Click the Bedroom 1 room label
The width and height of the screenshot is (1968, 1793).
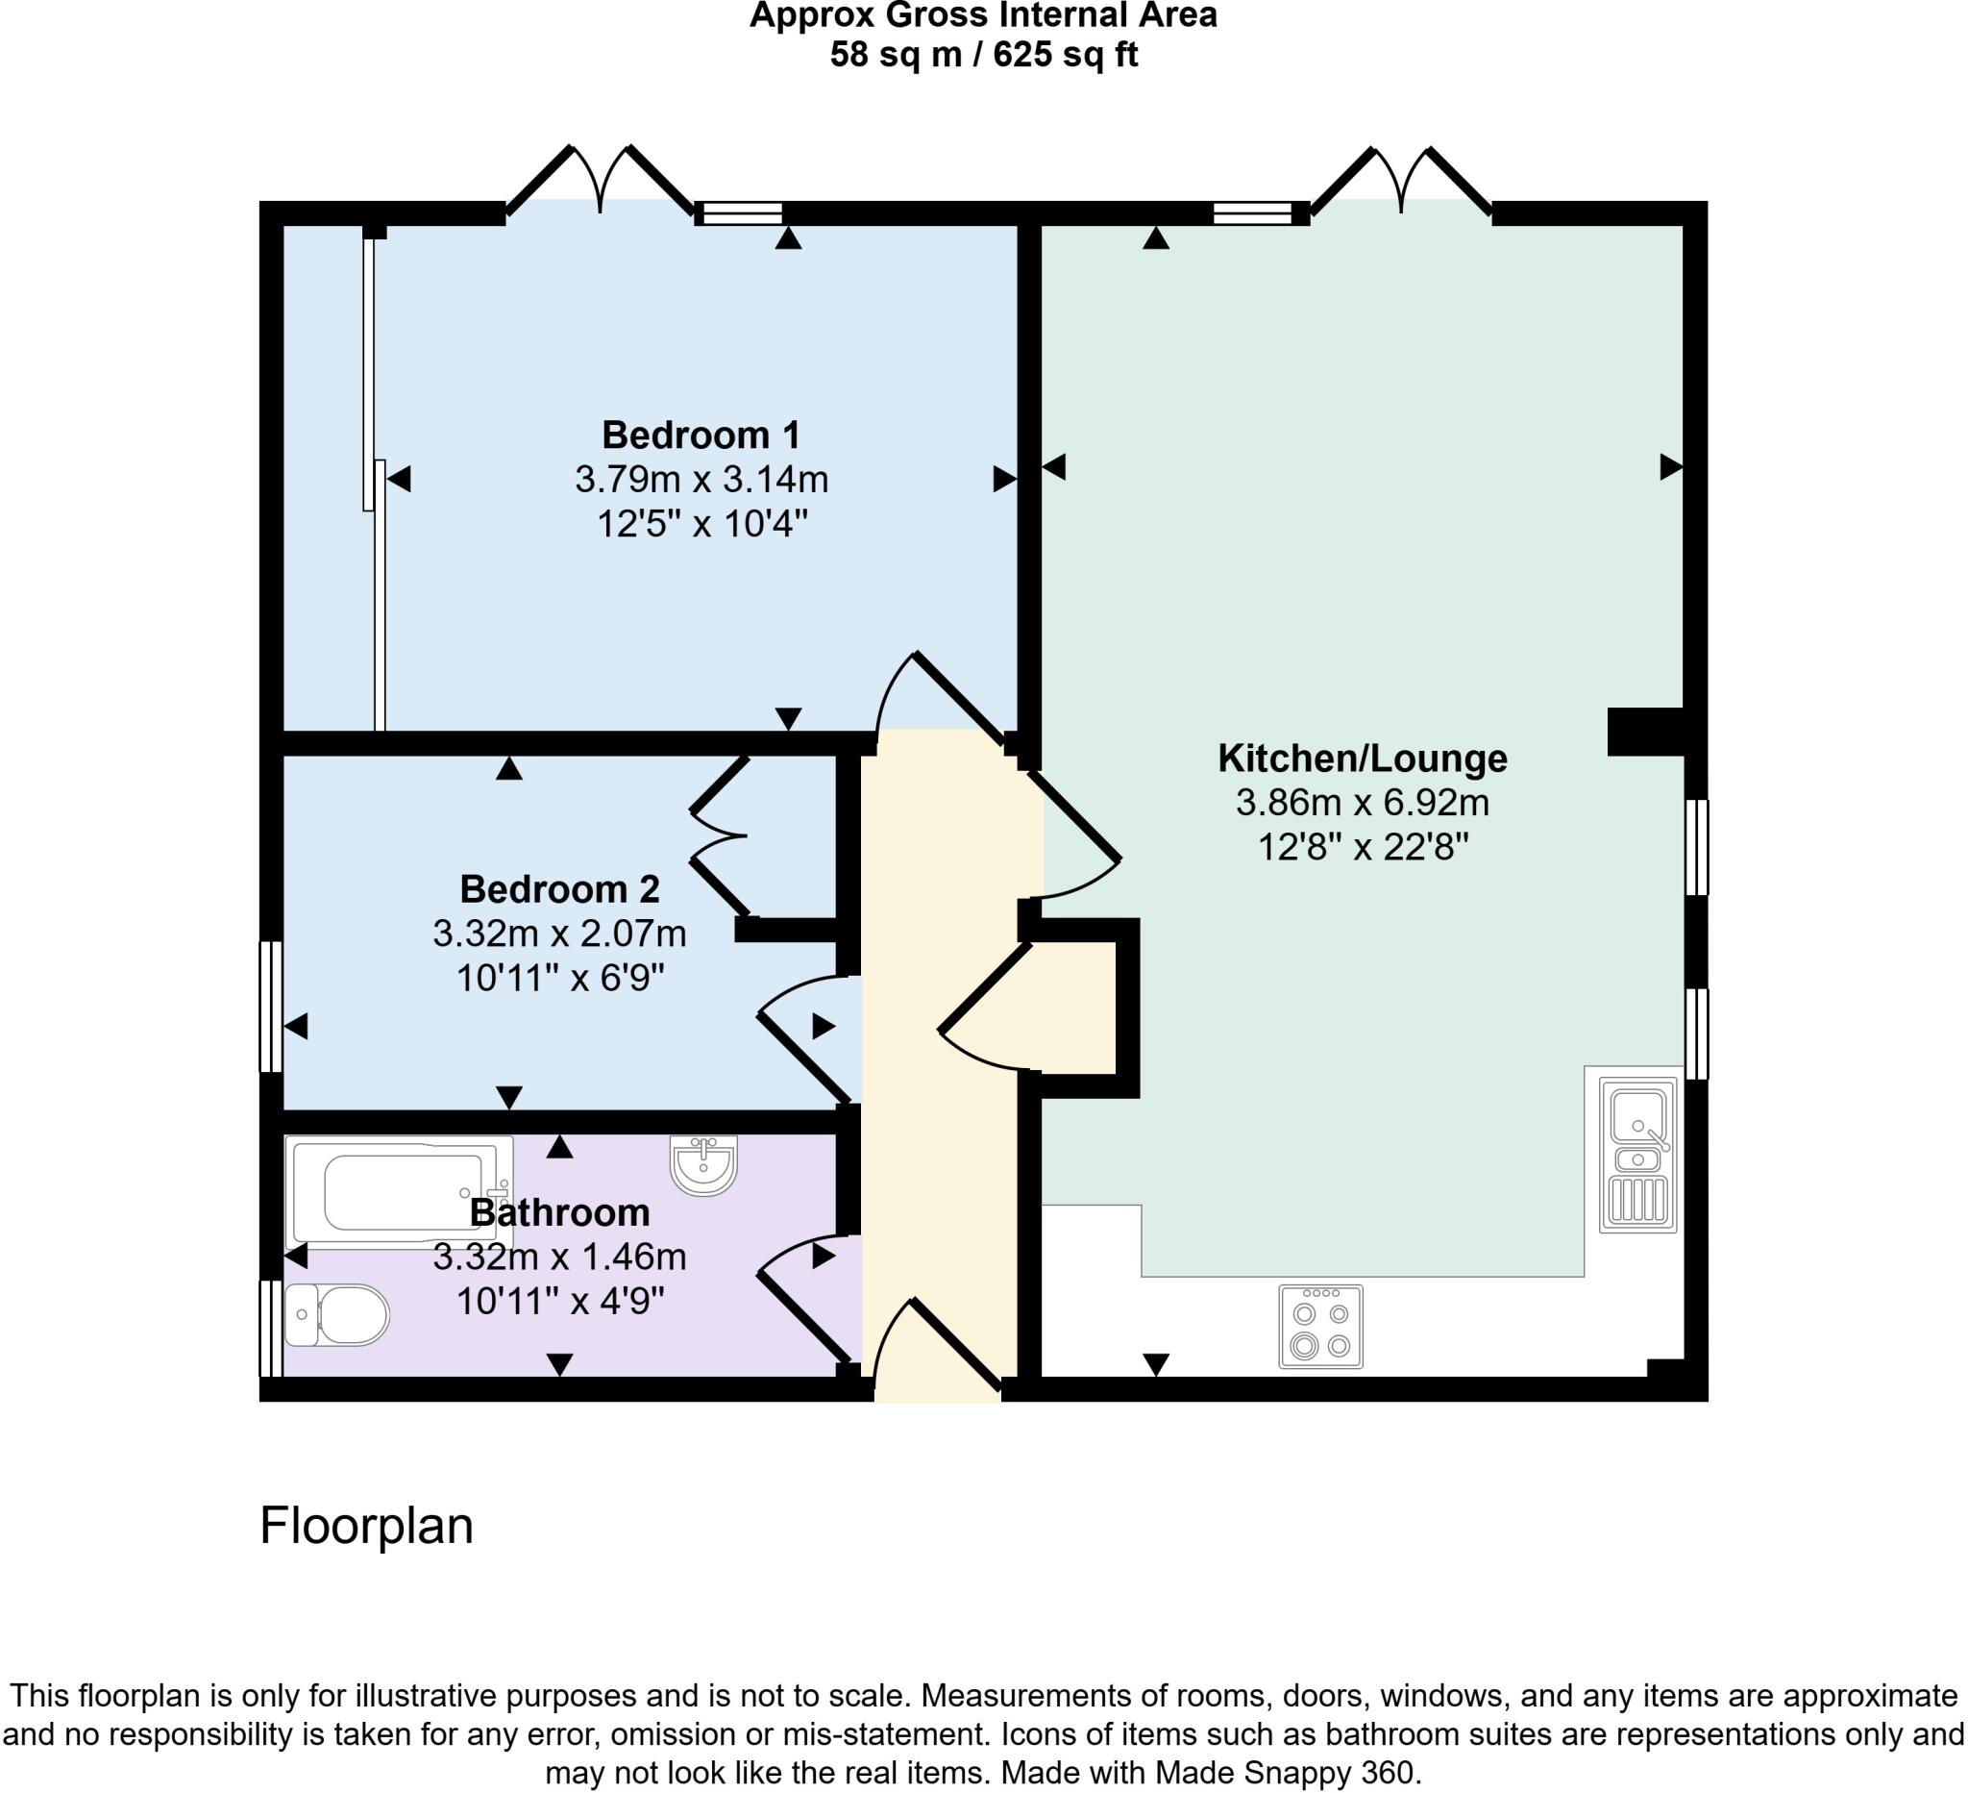click(x=701, y=435)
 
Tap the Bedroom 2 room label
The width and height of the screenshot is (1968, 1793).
click(x=559, y=888)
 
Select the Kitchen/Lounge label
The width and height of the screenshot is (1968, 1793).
click(x=1362, y=758)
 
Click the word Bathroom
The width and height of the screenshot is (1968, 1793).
click(x=559, y=1212)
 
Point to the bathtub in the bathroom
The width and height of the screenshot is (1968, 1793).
click(x=398, y=1192)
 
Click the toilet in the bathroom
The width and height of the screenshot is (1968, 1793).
click(x=337, y=1314)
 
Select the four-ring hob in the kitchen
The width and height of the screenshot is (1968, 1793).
click(x=1320, y=1325)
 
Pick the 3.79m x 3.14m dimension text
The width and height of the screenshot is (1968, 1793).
click(x=701, y=480)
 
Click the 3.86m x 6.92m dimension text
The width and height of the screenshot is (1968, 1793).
click(x=1362, y=803)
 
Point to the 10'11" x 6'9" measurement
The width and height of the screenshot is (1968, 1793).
click(x=559, y=978)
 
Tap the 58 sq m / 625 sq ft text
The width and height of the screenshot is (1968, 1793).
click(x=983, y=55)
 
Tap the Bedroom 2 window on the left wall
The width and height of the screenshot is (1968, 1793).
click(x=270, y=1006)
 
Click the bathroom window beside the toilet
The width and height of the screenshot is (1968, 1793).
click(x=270, y=1327)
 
